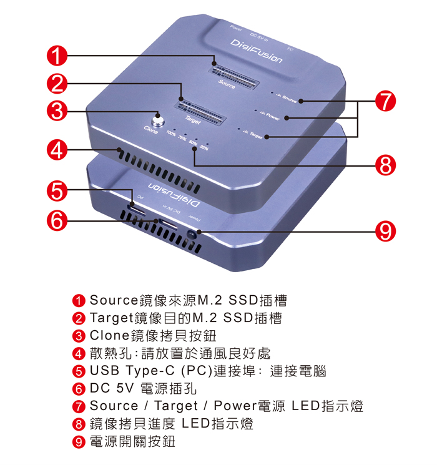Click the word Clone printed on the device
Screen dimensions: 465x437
coord(151,130)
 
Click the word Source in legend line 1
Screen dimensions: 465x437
coord(113,300)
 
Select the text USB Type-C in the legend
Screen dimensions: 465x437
coord(124,371)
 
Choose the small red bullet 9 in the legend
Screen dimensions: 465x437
coord(79,442)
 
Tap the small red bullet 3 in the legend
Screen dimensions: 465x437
coord(79,336)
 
